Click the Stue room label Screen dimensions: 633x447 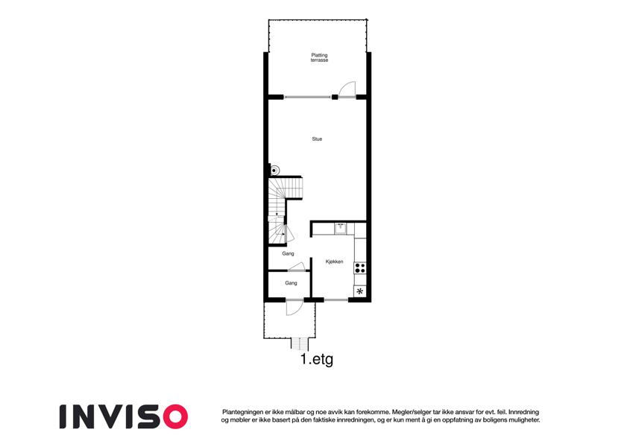click(317, 139)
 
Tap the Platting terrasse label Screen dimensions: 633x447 click(319, 57)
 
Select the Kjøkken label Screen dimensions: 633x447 click(334, 261)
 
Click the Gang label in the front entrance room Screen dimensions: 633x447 click(291, 283)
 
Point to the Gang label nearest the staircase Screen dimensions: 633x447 click(288, 254)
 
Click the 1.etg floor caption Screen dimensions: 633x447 click(317, 359)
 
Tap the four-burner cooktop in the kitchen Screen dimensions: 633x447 click(359, 268)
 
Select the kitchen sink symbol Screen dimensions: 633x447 click(341, 228)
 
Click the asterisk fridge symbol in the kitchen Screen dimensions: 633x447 click(359, 291)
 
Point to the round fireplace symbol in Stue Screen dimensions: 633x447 click(274, 171)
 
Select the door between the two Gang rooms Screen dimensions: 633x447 click(296, 267)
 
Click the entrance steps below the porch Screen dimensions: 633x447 click(300, 344)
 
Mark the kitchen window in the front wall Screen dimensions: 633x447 click(336, 299)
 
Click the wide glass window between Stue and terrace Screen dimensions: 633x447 click(307, 97)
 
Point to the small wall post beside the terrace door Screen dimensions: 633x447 click(335, 97)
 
